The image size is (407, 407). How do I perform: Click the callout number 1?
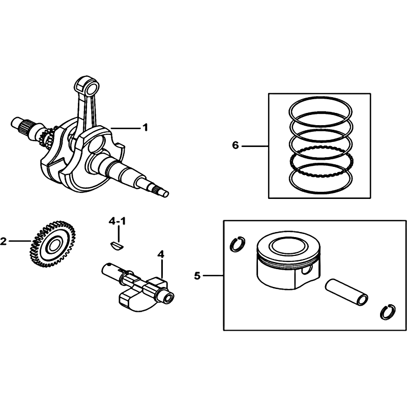coord(145,128)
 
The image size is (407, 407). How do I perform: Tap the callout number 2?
coord(3,241)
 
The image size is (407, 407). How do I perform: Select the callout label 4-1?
coord(117,221)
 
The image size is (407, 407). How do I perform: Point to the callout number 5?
coord(197,276)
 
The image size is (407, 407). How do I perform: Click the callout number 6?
coord(235,146)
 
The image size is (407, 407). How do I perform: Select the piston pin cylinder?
coord(347,292)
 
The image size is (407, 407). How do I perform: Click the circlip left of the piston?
coord(238,244)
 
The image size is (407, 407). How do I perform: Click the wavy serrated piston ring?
coord(321,162)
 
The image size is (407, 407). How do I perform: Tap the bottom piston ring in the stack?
coord(321,179)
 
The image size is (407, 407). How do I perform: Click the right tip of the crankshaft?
coord(166,194)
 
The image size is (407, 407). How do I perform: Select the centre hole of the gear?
coord(54,244)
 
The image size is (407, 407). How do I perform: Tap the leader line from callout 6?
coord(255,147)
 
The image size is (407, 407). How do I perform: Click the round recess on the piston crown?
coord(288,245)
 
